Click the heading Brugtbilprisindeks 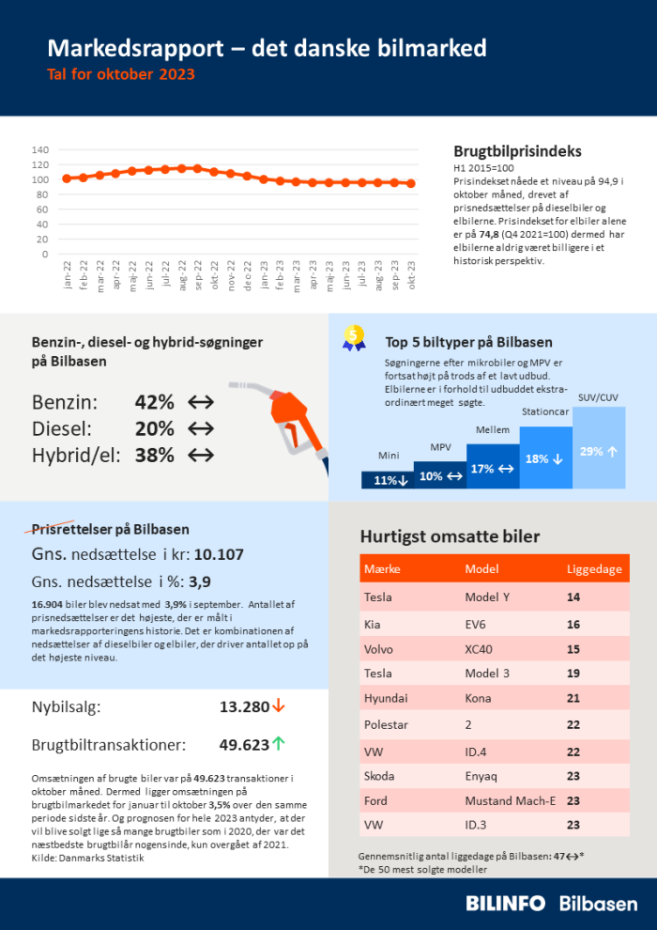pos(517,151)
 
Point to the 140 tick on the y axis pos(39,149)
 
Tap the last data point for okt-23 pos(411,183)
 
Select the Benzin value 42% pos(155,402)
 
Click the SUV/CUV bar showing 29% pos(598,449)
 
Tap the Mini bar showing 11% pos(389,479)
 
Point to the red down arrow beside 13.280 pos(279,705)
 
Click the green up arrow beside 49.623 pos(279,744)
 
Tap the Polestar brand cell pos(385,725)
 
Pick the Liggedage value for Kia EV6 pos(573,625)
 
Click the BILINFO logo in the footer pos(505,904)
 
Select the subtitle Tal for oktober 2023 pos(121,73)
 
